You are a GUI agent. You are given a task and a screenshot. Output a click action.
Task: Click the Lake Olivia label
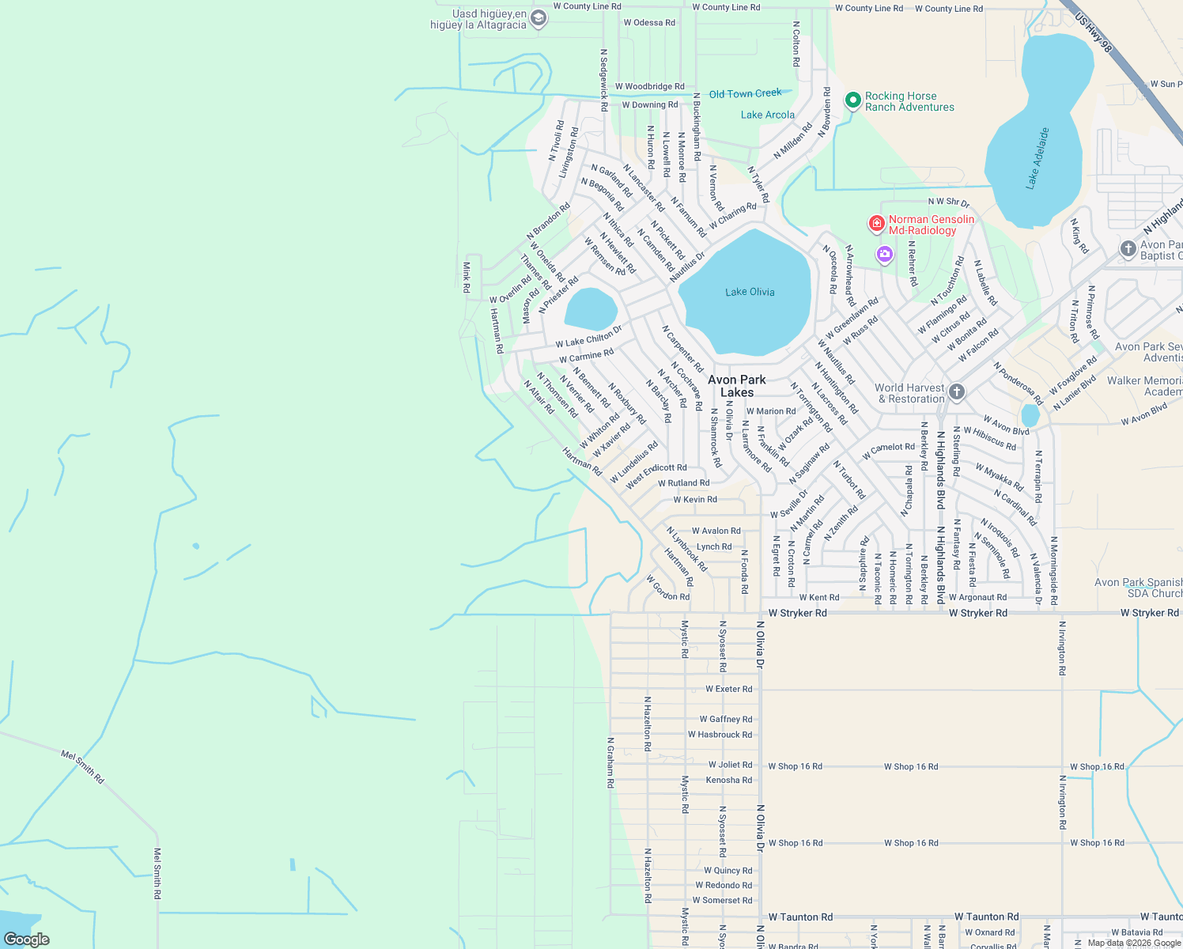750,292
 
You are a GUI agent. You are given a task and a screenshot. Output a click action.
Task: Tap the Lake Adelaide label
1038,158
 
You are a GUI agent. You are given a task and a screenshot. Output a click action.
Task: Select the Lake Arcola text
767,115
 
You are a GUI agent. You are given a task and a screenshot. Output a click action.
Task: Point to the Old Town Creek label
745,93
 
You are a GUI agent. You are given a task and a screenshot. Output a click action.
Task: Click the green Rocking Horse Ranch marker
852,100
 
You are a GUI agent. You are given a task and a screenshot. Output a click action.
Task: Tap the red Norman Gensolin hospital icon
876,224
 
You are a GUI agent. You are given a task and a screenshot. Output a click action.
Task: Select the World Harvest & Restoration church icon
957,391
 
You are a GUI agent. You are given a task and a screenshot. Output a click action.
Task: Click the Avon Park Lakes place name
736,386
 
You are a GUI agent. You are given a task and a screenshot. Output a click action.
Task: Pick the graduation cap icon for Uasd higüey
539,18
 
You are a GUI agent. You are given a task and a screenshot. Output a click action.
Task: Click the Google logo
27,939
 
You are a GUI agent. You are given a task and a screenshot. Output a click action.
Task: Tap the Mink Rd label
467,278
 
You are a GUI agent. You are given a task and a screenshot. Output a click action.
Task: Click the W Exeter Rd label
728,689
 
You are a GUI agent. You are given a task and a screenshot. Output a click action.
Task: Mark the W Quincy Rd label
728,870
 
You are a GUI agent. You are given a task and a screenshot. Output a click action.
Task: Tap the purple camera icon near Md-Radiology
884,255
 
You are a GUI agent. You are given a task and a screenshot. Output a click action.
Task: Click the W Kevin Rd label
695,499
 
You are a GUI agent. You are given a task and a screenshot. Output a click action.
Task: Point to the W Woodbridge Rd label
649,86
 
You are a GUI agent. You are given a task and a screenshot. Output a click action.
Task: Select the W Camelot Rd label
888,451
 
